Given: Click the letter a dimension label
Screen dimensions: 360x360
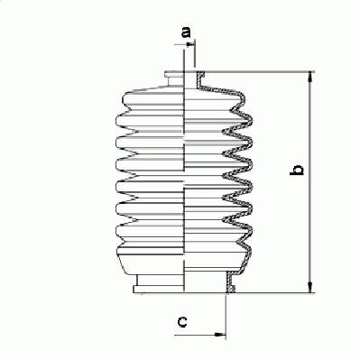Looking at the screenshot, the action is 187,32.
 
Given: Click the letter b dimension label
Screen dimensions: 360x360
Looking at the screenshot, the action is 296,170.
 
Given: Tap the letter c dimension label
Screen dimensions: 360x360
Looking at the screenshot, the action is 182,321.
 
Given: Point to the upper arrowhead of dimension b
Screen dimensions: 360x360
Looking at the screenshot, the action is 310,77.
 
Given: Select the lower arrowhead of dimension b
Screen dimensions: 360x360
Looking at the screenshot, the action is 310,287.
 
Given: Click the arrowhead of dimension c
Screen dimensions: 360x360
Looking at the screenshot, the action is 220,334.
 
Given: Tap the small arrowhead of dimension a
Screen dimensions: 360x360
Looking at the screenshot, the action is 190,44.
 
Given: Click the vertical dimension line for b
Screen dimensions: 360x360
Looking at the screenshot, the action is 310,182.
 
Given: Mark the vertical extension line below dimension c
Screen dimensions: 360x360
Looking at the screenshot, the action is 226,316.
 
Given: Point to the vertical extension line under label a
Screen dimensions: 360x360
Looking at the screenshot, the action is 195,53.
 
